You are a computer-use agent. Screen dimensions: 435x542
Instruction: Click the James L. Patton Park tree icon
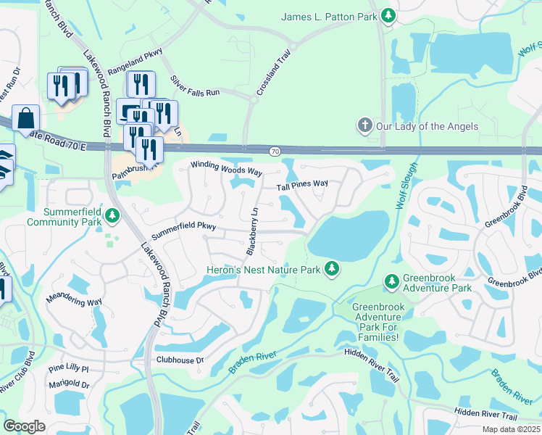click(x=389, y=15)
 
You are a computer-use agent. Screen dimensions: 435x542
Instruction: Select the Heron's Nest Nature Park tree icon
click(x=332, y=269)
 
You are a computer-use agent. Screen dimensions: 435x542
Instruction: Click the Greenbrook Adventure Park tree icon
click(x=391, y=281)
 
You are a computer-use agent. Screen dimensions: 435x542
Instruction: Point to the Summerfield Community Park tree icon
click(x=112, y=215)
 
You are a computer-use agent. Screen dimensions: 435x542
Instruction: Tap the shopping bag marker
click(x=26, y=118)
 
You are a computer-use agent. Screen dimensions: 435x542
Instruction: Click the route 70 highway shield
click(x=274, y=152)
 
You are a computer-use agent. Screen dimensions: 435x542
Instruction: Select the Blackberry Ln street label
click(x=252, y=231)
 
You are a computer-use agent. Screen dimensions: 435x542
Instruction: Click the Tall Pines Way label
click(x=302, y=185)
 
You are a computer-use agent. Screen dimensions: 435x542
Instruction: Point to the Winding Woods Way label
click(x=225, y=167)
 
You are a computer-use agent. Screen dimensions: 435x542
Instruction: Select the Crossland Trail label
click(x=273, y=72)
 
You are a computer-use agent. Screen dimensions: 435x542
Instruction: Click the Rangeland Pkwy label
click(x=135, y=61)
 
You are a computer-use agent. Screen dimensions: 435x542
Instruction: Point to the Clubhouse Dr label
click(x=180, y=360)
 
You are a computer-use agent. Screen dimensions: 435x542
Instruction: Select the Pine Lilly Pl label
click(x=68, y=369)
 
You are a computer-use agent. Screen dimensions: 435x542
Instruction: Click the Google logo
click(x=25, y=426)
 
